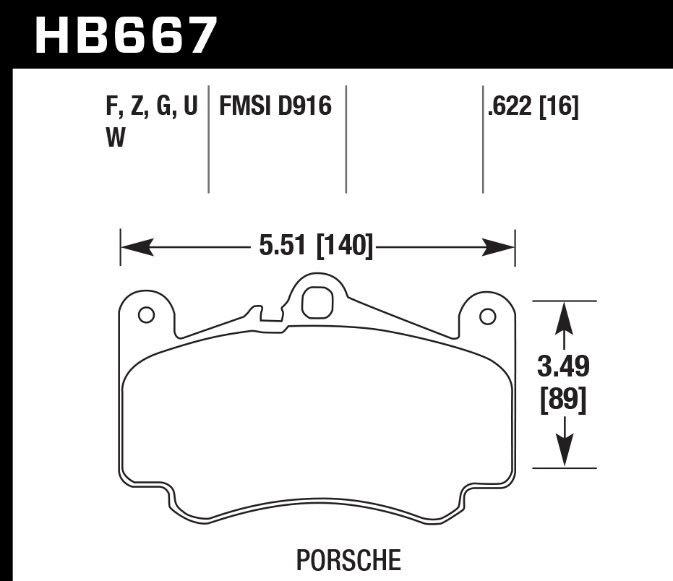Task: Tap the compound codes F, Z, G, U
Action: pos(151,108)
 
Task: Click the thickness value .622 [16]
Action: pos(533,108)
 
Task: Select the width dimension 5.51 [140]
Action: pos(316,247)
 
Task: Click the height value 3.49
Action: pos(564,367)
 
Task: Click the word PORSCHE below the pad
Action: pos(348,559)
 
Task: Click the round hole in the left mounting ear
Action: pos(145,315)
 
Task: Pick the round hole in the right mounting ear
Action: pos(487,316)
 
